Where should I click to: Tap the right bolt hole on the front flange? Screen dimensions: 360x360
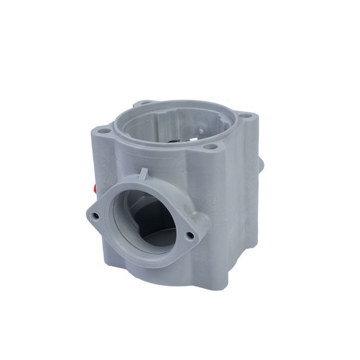190,236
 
